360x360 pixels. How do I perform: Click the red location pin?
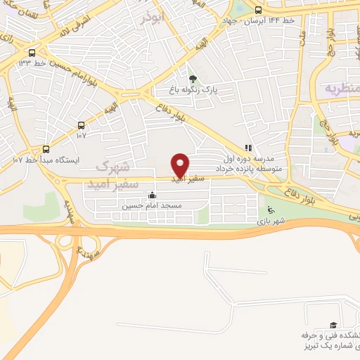pos(181,165)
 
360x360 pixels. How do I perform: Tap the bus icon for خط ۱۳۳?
pos(32,53)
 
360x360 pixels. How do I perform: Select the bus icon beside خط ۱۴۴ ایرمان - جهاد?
pos(258,10)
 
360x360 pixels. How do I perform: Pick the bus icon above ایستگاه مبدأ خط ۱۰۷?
pos(46,149)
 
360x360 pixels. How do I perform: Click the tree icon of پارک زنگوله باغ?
pos(193,78)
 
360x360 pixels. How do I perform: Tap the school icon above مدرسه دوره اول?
pos(247,148)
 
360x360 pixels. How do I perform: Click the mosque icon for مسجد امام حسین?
pos(153,195)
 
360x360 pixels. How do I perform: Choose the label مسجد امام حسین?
pos(152,206)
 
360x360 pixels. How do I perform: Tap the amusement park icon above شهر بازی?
pos(271,209)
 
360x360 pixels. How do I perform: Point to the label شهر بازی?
pos(271,221)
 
